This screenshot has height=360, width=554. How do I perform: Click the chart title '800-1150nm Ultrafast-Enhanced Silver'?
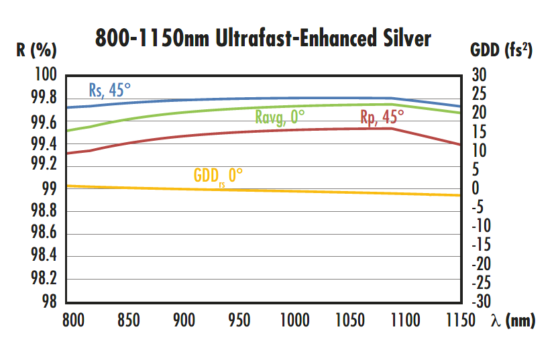(263, 38)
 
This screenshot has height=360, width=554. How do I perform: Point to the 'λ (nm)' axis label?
(513, 321)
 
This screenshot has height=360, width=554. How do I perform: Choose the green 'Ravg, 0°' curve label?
(280, 117)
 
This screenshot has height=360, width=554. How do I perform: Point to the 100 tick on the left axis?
(46, 76)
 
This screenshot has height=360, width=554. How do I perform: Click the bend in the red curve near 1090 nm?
(392, 128)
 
